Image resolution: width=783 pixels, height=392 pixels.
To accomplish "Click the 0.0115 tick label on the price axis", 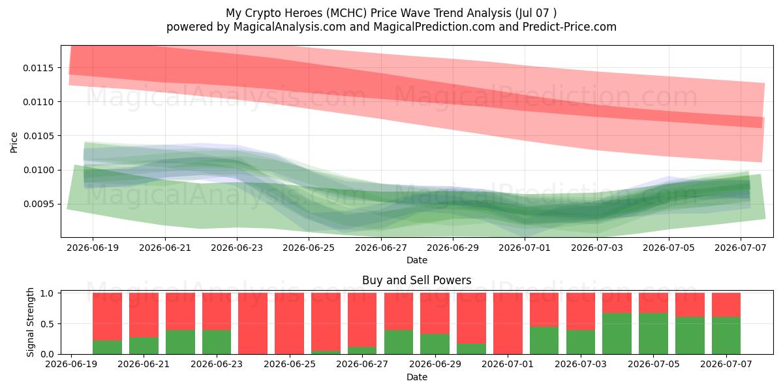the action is tap(38, 68).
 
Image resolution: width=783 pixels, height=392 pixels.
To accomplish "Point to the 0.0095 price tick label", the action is tap(38, 204).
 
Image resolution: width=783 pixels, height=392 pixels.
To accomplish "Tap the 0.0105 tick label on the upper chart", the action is tap(38, 136).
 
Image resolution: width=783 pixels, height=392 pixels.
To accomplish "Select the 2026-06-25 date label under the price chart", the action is tap(309, 248).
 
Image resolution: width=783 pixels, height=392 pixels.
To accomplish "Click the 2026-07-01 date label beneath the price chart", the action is tap(525, 248).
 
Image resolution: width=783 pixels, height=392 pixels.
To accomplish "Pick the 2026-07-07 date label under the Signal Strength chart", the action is tap(726, 364).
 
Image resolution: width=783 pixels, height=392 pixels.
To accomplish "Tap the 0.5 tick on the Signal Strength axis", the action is tap(47, 324).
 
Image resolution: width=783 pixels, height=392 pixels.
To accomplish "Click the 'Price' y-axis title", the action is tap(14, 142).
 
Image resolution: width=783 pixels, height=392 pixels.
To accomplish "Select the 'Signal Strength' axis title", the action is tap(31, 322).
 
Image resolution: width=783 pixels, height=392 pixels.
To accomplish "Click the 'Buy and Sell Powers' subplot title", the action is tap(417, 280).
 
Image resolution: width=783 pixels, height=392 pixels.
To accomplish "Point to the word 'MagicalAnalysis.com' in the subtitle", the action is tap(290, 27).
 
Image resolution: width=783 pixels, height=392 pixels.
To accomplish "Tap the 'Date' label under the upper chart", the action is tap(417, 260).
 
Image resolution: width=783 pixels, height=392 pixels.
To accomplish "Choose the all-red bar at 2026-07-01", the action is tap(508, 323).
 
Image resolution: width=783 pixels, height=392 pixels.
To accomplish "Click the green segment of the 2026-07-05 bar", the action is tap(653, 334).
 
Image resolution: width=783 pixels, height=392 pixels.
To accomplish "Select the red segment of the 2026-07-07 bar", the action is tap(726, 305).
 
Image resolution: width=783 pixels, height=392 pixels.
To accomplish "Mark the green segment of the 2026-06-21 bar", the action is tap(144, 346).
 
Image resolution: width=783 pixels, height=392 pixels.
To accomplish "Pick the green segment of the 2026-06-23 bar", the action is tap(217, 342).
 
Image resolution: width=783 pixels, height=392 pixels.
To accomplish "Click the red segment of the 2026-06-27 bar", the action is tap(362, 320).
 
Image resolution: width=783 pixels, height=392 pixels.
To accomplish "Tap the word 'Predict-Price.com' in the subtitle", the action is tap(570, 27).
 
